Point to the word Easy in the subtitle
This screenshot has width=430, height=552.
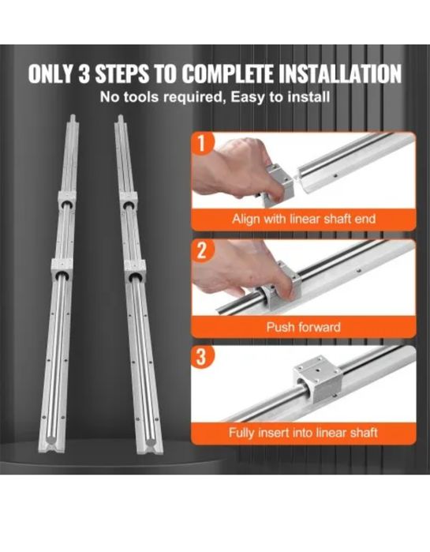pyautogui.click(x=247, y=97)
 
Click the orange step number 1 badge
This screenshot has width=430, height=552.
pyautogui.click(x=201, y=143)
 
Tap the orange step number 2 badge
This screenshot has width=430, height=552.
pyautogui.click(x=201, y=250)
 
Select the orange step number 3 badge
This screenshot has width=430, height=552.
pyautogui.click(x=201, y=358)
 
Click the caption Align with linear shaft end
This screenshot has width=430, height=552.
pyautogui.click(x=304, y=219)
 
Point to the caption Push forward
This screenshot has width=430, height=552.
pyautogui.click(x=304, y=327)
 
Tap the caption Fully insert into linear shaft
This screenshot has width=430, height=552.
pyautogui.click(x=303, y=432)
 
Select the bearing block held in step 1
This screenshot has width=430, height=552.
pyautogui.click(x=279, y=182)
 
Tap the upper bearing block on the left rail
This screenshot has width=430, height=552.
pyautogui.click(x=67, y=201)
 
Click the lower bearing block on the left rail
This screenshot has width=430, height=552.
pyautogui.click(x=62, y=269)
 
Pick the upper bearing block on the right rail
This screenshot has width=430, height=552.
pyautogui.click(x=127, y=201)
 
